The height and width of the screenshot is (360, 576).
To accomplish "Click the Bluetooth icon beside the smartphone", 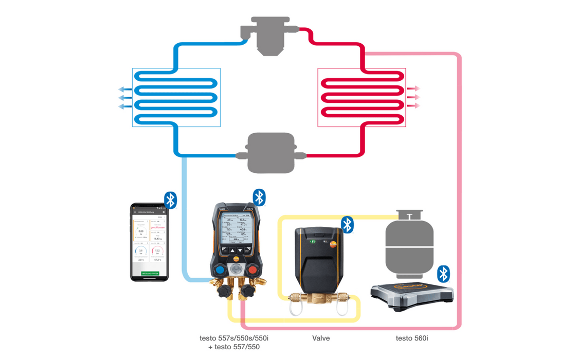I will click(170, 200).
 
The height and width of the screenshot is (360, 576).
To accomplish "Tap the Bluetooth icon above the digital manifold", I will click(259, 197).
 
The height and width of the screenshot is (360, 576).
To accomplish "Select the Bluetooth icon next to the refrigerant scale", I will click(443, 274).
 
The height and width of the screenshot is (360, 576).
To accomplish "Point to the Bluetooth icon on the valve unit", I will click(348, 224).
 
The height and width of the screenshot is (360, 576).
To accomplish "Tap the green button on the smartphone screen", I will click(150, 273).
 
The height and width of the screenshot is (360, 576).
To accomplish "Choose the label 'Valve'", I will click(321, 338).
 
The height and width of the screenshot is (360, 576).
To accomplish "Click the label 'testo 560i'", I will click(412, 338).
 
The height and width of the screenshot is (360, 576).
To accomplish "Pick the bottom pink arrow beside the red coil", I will click(413, 106).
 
